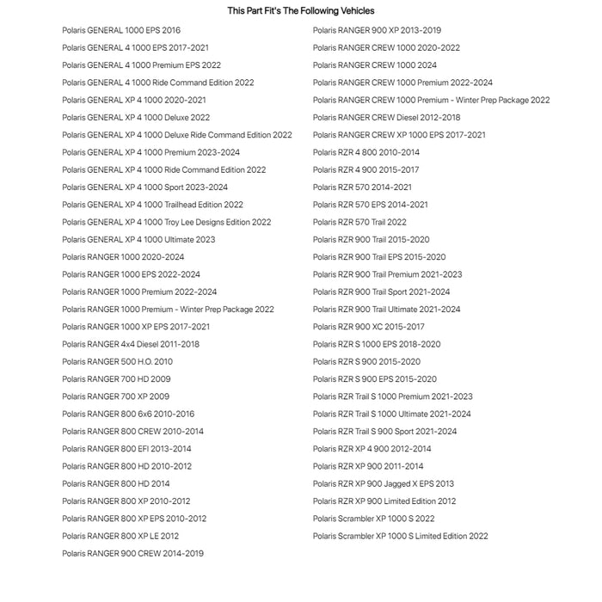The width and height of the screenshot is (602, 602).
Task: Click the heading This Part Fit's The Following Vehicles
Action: pos(300,11)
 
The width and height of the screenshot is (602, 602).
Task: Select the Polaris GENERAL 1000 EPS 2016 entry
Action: pos(121,30)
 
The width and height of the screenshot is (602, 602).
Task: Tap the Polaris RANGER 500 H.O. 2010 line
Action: pos(117,362)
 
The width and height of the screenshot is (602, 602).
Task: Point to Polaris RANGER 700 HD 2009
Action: pos(116,379)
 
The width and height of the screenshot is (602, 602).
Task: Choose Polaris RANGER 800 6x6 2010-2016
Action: pos(128,415)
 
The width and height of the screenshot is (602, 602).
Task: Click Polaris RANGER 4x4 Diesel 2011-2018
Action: pos(131,344)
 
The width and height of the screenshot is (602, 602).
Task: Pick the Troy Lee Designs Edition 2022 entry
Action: pos(166,222)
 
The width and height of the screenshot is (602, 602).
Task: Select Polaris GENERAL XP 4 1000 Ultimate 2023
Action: pos(138,240)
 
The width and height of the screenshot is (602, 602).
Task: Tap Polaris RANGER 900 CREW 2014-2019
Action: pos(132,554)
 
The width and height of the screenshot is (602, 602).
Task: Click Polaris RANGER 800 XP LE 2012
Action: pos(120,536)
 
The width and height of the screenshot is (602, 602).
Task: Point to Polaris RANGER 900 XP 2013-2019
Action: pos(377,30)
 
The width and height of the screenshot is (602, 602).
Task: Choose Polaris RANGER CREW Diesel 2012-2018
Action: pos(386,118)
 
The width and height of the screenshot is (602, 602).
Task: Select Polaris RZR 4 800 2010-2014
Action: pos(366,152)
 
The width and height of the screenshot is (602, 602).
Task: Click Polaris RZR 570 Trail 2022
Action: pos(359,222)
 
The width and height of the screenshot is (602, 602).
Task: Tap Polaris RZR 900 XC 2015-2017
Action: pos(368,327)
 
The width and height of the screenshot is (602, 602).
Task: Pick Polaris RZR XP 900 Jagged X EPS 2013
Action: pos(384,484)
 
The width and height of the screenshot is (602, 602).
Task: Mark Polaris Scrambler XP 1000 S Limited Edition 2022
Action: pos(400,536)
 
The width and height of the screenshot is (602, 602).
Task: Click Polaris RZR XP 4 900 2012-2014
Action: pos(372,449)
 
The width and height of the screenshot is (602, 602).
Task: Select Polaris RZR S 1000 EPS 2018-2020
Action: pos(377,344)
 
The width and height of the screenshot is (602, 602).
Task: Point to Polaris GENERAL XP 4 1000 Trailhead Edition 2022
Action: pos(152,205)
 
